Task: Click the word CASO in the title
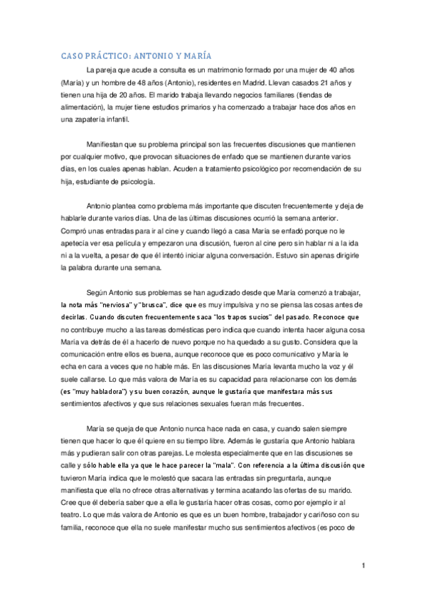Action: coord(72,55)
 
